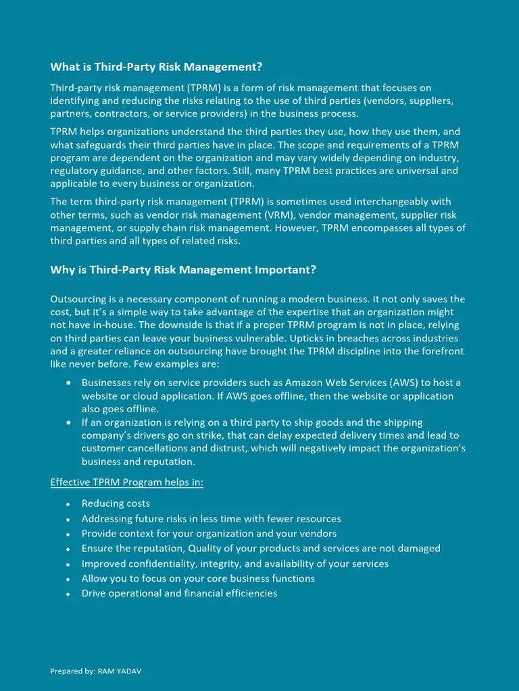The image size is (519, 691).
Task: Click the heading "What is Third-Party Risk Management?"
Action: [x=156, y=67]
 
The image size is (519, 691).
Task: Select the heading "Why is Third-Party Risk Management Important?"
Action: [x=183, y=270]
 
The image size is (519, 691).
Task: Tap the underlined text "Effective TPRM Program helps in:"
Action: [x=127, y=482]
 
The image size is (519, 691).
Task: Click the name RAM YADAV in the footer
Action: [x=120, y=671]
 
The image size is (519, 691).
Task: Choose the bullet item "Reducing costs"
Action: [x=116, y=503]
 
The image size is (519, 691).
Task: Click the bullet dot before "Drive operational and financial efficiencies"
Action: [x=68, y=595]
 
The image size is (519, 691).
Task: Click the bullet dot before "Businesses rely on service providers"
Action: [x=68, y=383]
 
